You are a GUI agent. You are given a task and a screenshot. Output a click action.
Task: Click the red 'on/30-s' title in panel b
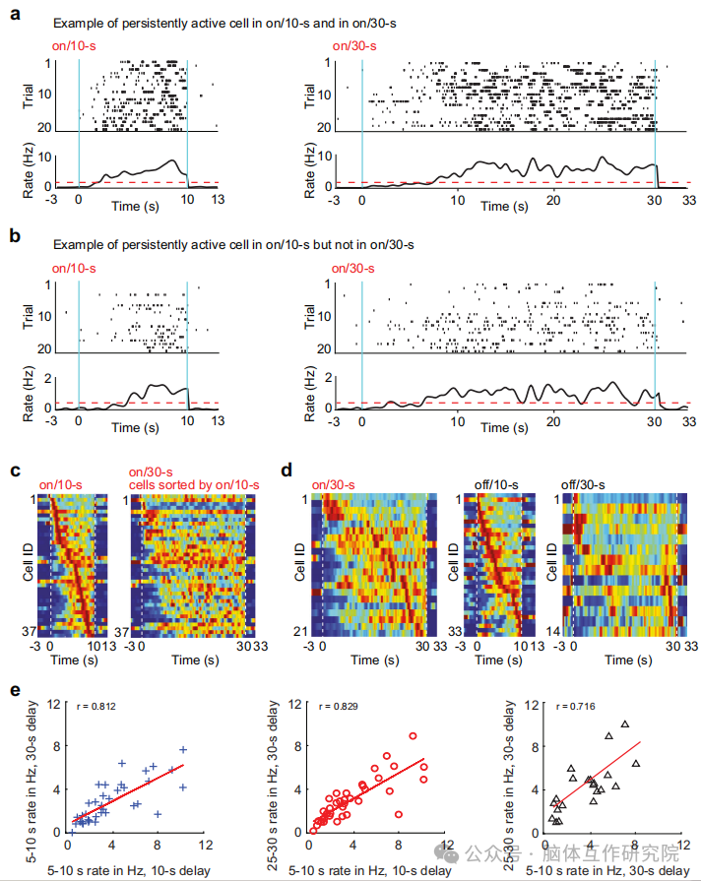pos(350,268)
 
